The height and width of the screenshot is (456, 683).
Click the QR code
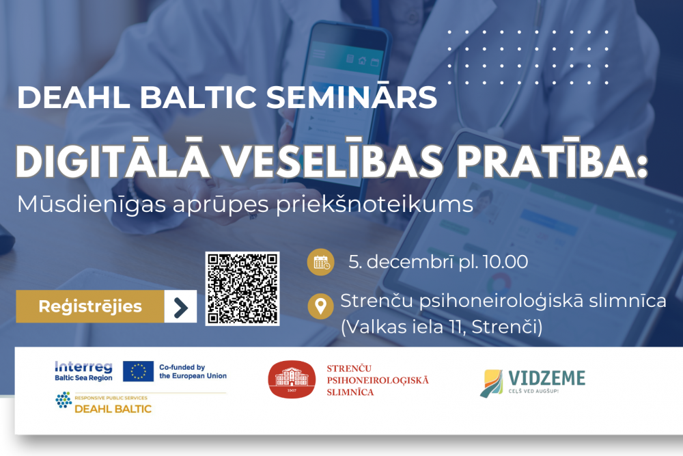coord(242,288)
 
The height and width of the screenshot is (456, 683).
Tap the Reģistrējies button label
coord(90,306)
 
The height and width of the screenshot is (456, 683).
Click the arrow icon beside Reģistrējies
coord(181,307)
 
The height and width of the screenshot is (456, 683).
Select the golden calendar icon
coord(320,262)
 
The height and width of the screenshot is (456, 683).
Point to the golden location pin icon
coord(320,306)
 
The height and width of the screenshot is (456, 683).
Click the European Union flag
coord(138,371)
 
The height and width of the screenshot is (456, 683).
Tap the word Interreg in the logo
coord(83,367)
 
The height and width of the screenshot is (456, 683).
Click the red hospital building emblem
coord(292,379)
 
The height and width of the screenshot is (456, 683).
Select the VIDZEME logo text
coord(546,378)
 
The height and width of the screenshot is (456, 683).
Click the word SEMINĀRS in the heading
coord(351,97)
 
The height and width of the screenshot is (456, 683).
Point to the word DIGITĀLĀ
coord(113,159)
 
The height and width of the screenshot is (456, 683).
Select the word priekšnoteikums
coord(374,204)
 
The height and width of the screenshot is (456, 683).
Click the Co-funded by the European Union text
coord(193,371)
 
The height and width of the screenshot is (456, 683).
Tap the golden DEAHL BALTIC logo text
coord(113,408)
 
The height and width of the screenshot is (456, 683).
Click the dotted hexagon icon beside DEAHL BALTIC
coord(64,400)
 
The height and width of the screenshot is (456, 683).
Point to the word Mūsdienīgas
coord(92,204)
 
